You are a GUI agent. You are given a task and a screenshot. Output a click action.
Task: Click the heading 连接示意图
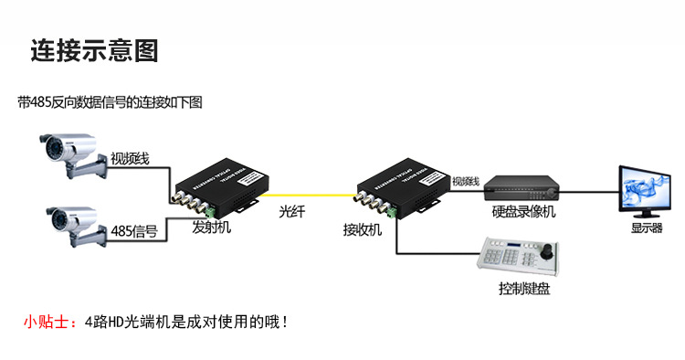click(94, 50)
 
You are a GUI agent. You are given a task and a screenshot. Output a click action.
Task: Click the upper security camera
click(68, 152)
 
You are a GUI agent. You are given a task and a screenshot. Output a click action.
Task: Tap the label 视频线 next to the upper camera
click(129, 158)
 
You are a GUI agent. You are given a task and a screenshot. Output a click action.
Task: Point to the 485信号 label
click(133, 230)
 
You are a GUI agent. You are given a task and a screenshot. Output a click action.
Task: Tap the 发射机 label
click(212, 228)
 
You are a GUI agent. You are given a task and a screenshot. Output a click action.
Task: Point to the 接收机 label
click(362, 228)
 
